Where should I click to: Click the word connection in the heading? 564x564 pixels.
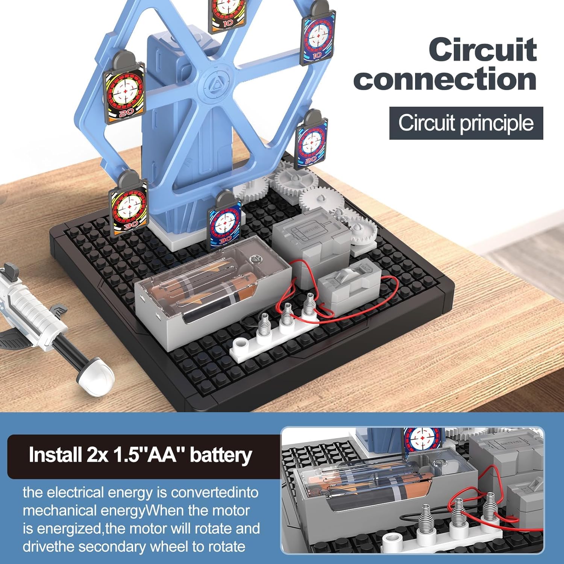pyautogui.click(x=445, y=79)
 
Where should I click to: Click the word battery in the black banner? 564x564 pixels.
pyautogui.click(x=221, y=455)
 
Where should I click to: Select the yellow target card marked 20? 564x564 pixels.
pyautogui.click(x=124, y=88)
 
